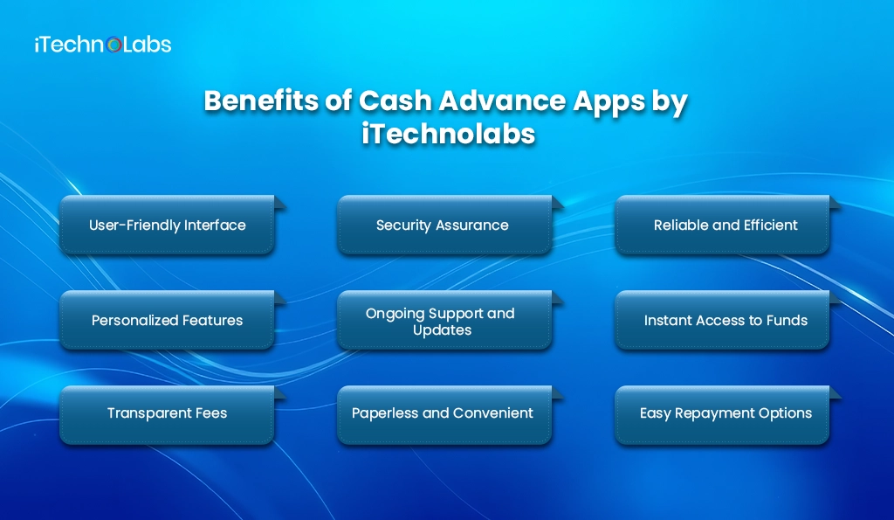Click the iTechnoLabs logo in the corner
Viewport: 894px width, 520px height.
tap(102, 45)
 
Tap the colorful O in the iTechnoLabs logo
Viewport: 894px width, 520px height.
tap(113, 45)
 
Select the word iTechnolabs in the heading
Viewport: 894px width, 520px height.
tap(446, 135)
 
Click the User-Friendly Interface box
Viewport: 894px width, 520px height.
tap(167, 225)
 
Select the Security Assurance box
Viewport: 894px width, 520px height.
tap(443, 225)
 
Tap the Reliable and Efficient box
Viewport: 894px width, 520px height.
tap(725, 225)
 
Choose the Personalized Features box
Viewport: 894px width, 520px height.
tap(167, 321)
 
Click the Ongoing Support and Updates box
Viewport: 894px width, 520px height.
tap(443, 321)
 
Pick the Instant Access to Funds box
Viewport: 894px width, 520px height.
tap(725, 321)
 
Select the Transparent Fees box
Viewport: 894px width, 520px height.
tap(167, 413)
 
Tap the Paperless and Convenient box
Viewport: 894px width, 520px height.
tap(443, 413)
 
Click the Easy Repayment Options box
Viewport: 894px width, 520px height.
tap(725, 413)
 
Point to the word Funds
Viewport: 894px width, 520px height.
tap(787, 321)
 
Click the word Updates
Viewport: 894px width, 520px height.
tap(443, 330)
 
